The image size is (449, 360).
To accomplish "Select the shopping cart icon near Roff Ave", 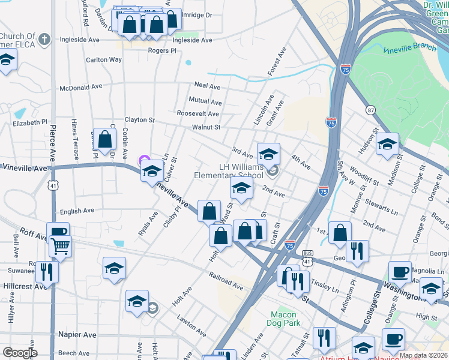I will click(x=60, y=245).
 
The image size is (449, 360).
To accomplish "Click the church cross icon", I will click(x=44, y=40).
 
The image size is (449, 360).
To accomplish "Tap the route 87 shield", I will click(x=370, y=110).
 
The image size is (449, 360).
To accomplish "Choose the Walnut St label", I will click(x=206, y=127).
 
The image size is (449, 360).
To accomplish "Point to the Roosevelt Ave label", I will click(x=197, y=113).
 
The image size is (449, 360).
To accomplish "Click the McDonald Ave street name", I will click(x=81, y=87).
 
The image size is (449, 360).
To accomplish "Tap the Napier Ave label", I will click(x=77, y=334).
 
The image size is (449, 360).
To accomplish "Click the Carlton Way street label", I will click(x=104, y=60).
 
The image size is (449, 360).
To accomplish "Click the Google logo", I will click(x=20, y=353).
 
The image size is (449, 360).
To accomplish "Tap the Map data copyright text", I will click(x=423, y=355).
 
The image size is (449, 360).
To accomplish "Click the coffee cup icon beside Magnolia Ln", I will click(x=400, y=271).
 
